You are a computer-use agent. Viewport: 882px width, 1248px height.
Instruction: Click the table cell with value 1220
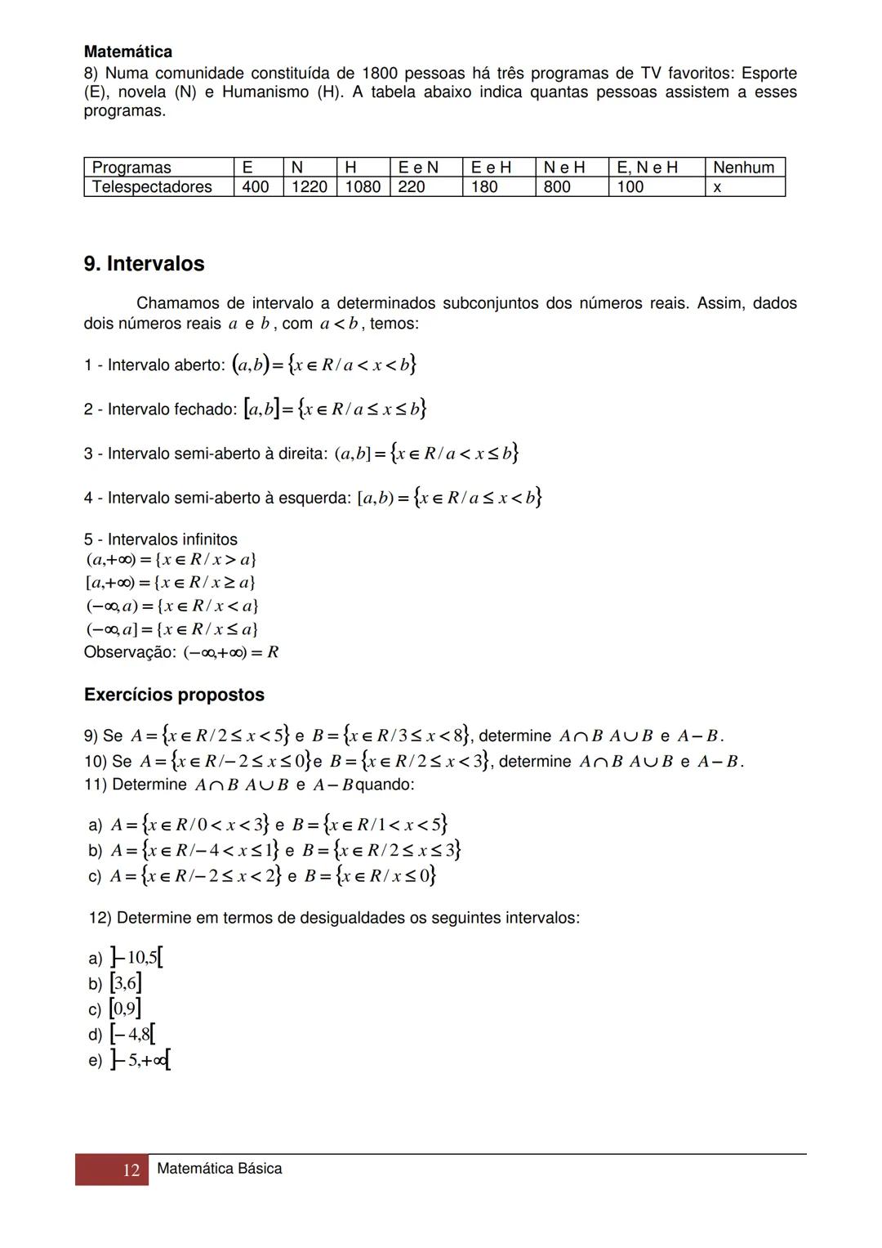pyautogui.click(x=309, y=187)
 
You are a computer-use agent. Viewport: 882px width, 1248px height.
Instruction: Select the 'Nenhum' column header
pyautogui.click(x=743, y=168)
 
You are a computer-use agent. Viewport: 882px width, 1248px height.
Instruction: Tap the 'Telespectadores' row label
pyautogui.click(x=152, y=187)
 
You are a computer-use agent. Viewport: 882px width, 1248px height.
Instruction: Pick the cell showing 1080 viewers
pyautogui.click(x=363, y=187)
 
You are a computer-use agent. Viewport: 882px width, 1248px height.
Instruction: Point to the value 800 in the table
pyautogui.click(x=557, y=187)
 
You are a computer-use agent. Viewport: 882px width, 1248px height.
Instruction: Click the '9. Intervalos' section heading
pyautogui.click(x=144, y=264)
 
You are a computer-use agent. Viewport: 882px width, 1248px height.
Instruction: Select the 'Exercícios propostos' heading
pyautogui.click(x=174, y=695)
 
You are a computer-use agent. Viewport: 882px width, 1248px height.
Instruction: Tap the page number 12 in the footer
pyautogui.click(x=131, y=1170)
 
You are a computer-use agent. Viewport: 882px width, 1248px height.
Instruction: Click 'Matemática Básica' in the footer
pyautogui.click(x=219, y=1169)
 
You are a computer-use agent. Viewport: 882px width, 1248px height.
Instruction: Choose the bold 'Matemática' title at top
pyautogui.click(x=128, y=52)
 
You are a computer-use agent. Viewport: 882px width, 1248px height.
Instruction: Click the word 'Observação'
pyautogui.click(x=129, y=652)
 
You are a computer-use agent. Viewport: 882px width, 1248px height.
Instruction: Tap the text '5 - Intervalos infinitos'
pyautogui.click(x=160, y=539)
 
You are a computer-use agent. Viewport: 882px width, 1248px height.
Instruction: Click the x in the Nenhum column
pyautogui.click(x=717, y=187)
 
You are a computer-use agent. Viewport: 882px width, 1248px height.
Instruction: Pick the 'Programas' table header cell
pyautogui.click(x=131, y=168)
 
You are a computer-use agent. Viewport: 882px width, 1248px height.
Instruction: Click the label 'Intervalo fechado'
pyautogui.click(x=172, y=409)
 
